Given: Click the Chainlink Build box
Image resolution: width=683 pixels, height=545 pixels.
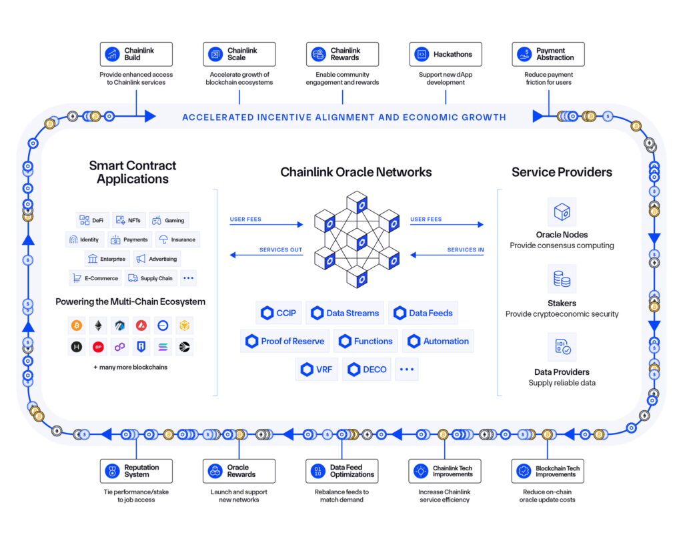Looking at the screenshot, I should pyautogui.click(x=136, y=54).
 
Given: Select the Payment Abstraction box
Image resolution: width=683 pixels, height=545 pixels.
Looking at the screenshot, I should pyautogui.click(x=548, y=54).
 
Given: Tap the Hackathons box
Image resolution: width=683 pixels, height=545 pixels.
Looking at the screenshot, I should pyautogui.click(x=445, y=54).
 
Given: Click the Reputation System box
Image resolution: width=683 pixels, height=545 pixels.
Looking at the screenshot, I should pyautogui.click(x=136, y=471).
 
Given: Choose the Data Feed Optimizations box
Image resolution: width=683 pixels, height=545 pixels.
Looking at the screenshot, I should pyautogui.click(x=342, y=471).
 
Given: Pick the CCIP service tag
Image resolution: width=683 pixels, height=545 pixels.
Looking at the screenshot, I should pyautogui.click(x=279, y=313).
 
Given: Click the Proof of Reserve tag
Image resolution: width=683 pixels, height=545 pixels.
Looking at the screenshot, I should pyautogui.click(x=285, y=341).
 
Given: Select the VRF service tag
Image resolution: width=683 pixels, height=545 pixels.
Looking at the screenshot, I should pyautogui.click(x=317, y=369).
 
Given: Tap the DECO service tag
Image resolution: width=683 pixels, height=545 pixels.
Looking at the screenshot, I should pyautogui.click(x=366, y=369).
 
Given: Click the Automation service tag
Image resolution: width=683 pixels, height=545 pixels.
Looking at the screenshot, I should pyautogui.click(x=438, y=341).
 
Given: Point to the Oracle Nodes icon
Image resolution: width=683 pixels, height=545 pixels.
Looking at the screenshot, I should pyautogui.click(x=562, y=211).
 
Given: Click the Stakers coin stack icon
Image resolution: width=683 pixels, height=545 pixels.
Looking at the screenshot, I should pyautogui.click(x=562, y=279).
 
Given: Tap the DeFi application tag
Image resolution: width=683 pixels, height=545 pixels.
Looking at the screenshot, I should pyautogui.click(x=92, y=220).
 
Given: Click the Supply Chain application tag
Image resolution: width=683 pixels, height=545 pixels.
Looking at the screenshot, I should pyautogui.click(x=150, y=278).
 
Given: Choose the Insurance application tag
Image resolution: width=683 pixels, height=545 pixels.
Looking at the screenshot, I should pyautogui.click(x=177, y=239).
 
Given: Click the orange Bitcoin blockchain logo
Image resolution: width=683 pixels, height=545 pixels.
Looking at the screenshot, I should pyautogui.click(x=77, y=326).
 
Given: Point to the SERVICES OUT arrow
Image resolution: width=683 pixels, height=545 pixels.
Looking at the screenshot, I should pyautogui.click(x=266, y=255).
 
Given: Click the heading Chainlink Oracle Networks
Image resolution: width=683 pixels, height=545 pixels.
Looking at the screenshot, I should pyautogui.click(x=356, y=172).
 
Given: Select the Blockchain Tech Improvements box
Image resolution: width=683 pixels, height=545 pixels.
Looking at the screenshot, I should pyautogui.click(x=548, y=471).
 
